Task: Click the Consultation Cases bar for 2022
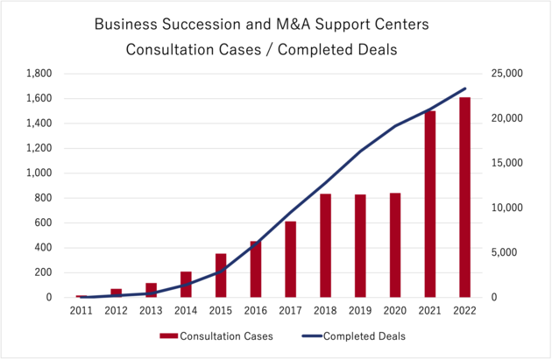(x=464, y=197)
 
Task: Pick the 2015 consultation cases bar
(x=221, y=275)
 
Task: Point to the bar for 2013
(x=151, y=290)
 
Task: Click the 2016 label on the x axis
(x=256, y=311)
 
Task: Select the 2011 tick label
(x=81, y=311)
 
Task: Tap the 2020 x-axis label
(x=394, y=311)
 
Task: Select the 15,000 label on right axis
(x=507, y=163)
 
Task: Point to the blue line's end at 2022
(x=464, y=88)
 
